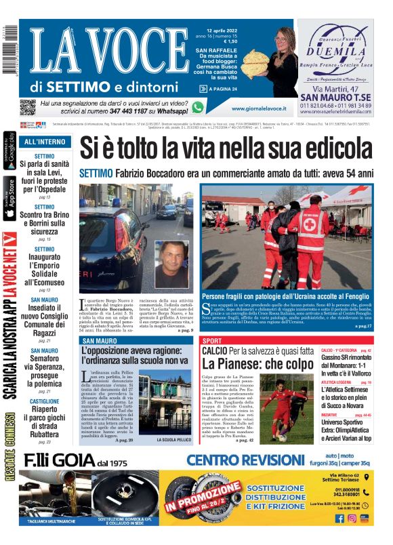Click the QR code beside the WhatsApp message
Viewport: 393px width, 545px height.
click(x=27, y=107)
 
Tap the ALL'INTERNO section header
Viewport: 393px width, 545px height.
click(x=45, y=142)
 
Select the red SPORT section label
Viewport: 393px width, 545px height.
click(x=212, y=340)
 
